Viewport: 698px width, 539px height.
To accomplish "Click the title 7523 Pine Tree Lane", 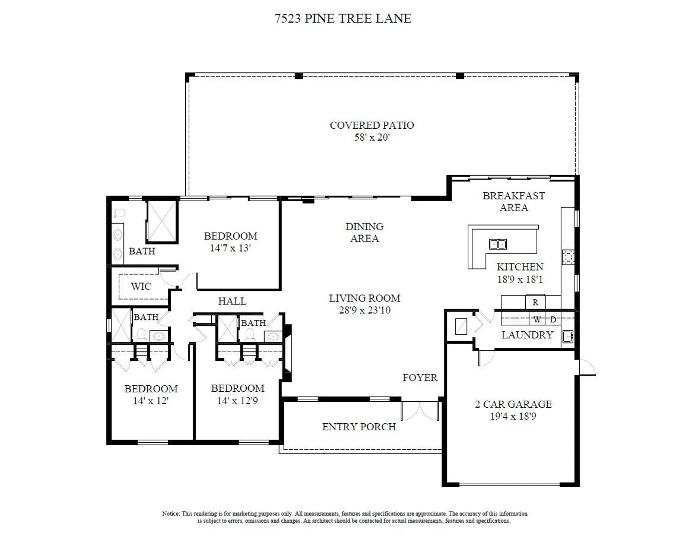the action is (343, 18).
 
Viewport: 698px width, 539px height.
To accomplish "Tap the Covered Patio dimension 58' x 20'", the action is (372, 137).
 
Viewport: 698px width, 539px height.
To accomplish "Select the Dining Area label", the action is (364, 233).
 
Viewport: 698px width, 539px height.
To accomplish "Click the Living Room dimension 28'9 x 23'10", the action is (365, 310).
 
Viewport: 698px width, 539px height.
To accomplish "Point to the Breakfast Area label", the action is (514, 202).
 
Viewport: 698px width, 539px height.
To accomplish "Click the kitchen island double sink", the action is (498, 245).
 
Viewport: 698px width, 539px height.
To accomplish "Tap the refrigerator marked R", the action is (535, 302).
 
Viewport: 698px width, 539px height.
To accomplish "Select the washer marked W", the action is (537, 319).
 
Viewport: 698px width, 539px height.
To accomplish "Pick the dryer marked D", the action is (553, 319).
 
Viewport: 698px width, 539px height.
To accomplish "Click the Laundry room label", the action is (527, 335).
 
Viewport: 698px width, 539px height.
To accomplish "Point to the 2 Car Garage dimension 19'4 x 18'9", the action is (513, 416).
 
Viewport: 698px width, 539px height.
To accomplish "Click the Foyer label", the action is (420, 377).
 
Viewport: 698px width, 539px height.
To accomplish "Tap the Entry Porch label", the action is (359, 427).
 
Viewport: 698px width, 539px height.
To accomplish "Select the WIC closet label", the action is (141, 286).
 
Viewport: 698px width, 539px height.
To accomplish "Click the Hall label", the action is (232, 301).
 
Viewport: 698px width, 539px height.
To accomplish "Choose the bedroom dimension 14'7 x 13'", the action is (230, 248).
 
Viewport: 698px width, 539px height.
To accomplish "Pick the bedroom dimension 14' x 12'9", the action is (237, 401).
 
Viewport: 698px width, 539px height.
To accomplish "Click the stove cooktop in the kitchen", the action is (568, 257).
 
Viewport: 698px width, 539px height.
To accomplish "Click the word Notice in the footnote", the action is (171, 514).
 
